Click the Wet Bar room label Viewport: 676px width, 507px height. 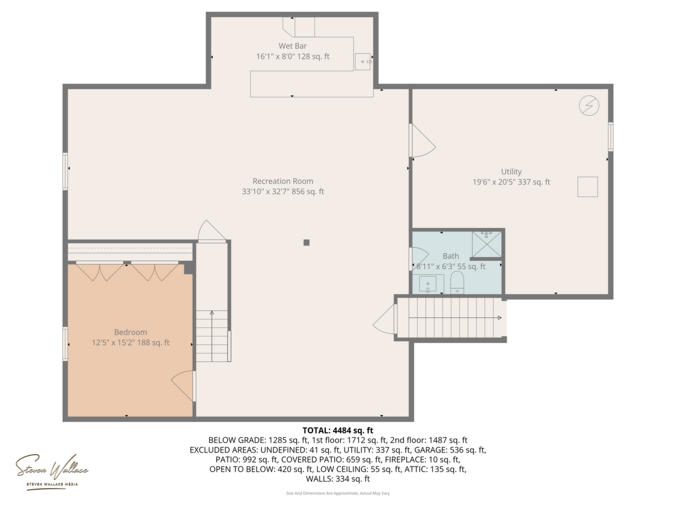[292, 46]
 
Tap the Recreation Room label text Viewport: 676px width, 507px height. [283, 181]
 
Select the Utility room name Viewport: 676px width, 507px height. [511, 172]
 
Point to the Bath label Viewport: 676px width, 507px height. [450, 256]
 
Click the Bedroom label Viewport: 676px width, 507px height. [130, 332]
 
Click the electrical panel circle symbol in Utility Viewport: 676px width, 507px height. [589, 106]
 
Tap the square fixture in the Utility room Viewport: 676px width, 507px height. [587, 187]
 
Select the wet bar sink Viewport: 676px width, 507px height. [363, 62]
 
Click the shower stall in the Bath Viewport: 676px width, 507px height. [486, 245]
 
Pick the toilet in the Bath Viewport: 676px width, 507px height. [457, 282]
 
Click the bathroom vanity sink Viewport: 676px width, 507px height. [428, 284]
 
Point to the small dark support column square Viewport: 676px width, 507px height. [306, 242]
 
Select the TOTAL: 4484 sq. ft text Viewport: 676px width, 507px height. [337, 430]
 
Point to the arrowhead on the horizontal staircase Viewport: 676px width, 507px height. [500, 318]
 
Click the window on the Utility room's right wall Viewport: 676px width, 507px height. [611, 137]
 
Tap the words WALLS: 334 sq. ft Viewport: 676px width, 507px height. [337, 478]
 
